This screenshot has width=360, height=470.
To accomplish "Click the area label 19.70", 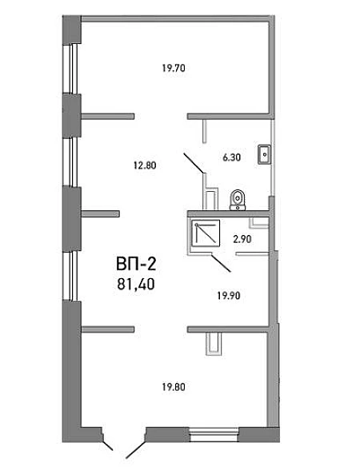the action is coord(174,68).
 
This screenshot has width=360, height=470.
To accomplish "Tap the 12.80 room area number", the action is coord(145,165).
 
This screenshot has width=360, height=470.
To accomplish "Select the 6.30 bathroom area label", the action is coord(232,157).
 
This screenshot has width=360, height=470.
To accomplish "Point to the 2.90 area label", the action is coord(242,239).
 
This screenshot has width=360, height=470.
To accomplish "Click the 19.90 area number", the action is coord(229,296).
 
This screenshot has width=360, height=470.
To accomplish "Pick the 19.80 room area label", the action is coord(174,387).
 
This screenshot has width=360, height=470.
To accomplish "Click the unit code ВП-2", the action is coord(136,265).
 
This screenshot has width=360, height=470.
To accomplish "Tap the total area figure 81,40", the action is coord(136,284).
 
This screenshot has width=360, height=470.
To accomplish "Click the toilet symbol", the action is coord(238,200).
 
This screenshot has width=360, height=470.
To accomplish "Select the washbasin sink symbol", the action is coord(265,154).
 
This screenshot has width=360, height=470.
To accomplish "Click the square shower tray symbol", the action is coord(206,233).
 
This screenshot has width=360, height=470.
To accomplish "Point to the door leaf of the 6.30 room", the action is coord(194,163).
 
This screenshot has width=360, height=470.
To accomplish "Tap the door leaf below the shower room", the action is coord(221,263).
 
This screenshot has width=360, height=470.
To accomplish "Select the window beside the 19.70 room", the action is coord(72,70).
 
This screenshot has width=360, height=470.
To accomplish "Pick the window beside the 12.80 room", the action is coord(72,162).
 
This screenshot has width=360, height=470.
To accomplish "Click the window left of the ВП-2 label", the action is coord(72,276).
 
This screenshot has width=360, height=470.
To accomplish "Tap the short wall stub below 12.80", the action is coord(101,213).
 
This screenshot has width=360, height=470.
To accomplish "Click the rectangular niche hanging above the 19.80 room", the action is coord(214,344).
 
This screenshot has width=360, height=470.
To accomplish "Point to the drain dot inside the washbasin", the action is coord(265,154).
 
